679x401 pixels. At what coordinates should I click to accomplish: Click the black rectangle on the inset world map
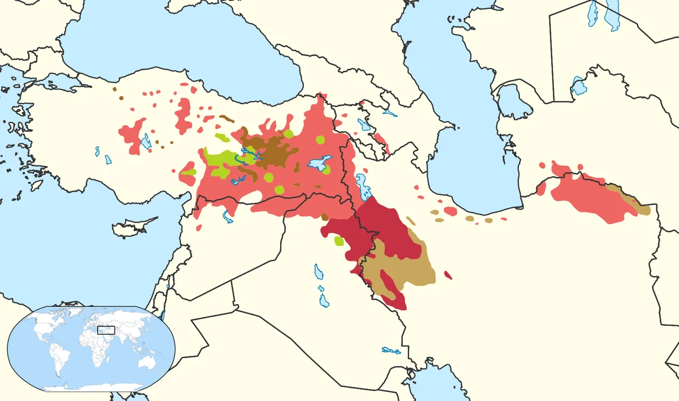[x=106, y=330]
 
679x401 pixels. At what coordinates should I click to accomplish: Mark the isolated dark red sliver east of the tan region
[x=448, y=275]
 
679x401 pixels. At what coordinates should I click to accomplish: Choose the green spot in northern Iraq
[x=339, y=241]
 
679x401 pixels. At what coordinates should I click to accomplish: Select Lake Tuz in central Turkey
[x=147, y=142]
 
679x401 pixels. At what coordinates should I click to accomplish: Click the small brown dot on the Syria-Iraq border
[x=324, y=217]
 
